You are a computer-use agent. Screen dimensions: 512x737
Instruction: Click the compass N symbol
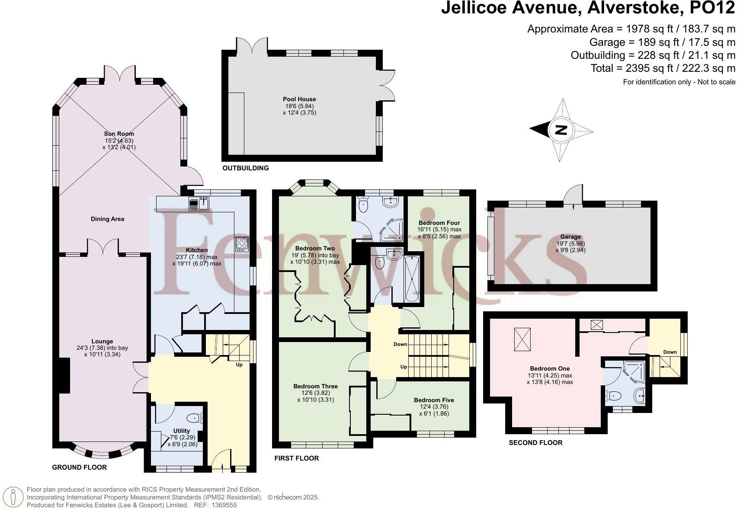(561, 130)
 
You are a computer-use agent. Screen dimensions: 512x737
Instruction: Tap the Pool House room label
(299, 99)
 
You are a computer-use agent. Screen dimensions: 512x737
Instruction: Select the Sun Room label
(119, 134)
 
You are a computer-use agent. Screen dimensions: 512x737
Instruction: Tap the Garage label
(570, 237)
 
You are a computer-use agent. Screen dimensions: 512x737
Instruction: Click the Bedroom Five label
(434, 400)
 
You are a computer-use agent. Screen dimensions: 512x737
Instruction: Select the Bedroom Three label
(315, 386)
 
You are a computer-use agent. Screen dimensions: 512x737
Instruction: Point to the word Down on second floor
(670, 352)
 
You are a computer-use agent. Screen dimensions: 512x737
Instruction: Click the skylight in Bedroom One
(522, 339)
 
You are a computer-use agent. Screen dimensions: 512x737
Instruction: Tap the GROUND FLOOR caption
(79, 467)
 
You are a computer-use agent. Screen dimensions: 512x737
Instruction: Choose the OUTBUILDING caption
(245, 168)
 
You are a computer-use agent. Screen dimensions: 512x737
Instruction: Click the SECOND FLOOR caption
(535, 442)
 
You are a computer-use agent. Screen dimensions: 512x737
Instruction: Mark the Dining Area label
(107, 219)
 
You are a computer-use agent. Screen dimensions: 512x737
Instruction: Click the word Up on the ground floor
(239, 365)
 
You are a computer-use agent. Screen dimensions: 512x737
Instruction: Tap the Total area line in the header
(663, 68)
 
